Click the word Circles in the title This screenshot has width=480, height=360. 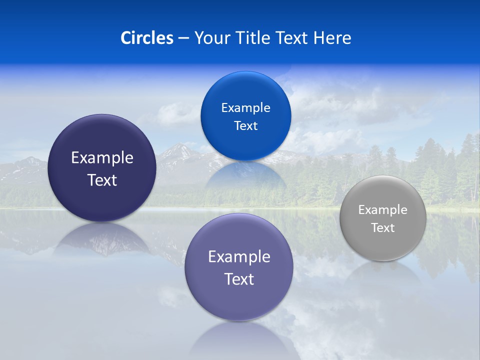coord(147,38)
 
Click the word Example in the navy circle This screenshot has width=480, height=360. coord(102,158)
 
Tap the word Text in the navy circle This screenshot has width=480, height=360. coord(102,180)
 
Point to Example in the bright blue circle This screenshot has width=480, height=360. coord(245,108)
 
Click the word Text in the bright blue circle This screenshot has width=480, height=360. coord(245,126)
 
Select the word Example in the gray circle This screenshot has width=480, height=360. coord(383,210)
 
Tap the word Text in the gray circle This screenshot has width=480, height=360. coord(383,228)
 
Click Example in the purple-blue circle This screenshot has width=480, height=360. coord(239,257)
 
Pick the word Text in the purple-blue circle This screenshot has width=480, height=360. coord(239,279)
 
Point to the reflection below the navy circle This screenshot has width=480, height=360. coord(102,237)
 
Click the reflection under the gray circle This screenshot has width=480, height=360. coord(383,272)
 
